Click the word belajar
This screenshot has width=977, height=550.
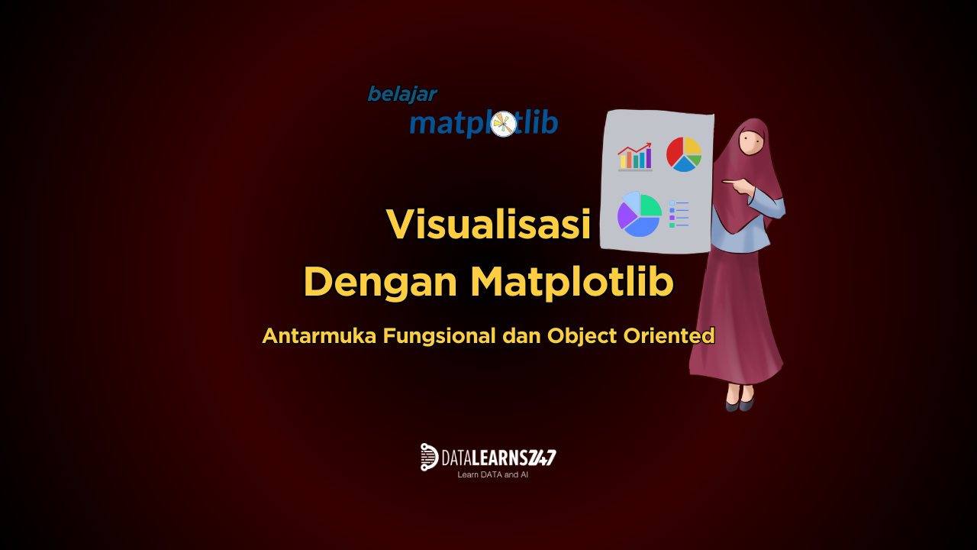coord(402,94)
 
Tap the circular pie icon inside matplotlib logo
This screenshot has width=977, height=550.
coord(503,124)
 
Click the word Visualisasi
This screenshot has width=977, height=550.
coord(488,224)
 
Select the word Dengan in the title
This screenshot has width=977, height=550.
coord(380,283)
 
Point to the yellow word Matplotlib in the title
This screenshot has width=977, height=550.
coord(572,283)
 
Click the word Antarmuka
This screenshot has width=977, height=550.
coord(319,335)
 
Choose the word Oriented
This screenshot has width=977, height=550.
coord(669,335)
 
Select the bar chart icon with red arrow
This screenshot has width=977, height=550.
coord(635,157)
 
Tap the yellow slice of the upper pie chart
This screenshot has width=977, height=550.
coord(692,146)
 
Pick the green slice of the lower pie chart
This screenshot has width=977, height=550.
coord(651,206)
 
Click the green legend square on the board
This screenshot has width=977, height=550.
coord(672,225)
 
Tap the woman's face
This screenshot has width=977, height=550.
coord(752,141)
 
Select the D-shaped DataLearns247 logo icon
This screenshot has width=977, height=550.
coord(429,457)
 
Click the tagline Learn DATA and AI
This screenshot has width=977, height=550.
coord(492,474)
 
